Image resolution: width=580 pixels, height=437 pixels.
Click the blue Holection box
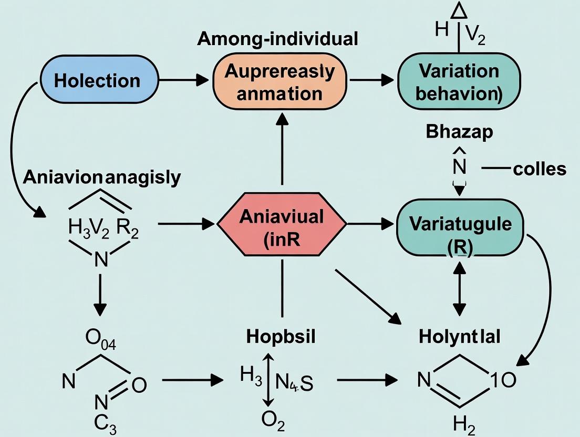tap(99, 80)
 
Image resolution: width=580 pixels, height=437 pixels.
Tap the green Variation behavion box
tap(459, 81)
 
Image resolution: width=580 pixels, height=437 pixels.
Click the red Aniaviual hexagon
tap(282, 224)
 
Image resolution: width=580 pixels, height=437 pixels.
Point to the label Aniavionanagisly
tap(102, 177)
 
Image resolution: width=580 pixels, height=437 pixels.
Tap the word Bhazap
tap(460, 131)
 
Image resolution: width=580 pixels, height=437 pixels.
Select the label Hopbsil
tap(281, 337)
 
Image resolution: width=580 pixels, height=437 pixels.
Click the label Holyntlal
tap(460, 337)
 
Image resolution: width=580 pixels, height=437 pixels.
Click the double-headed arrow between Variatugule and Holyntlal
tap(460, 289)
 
